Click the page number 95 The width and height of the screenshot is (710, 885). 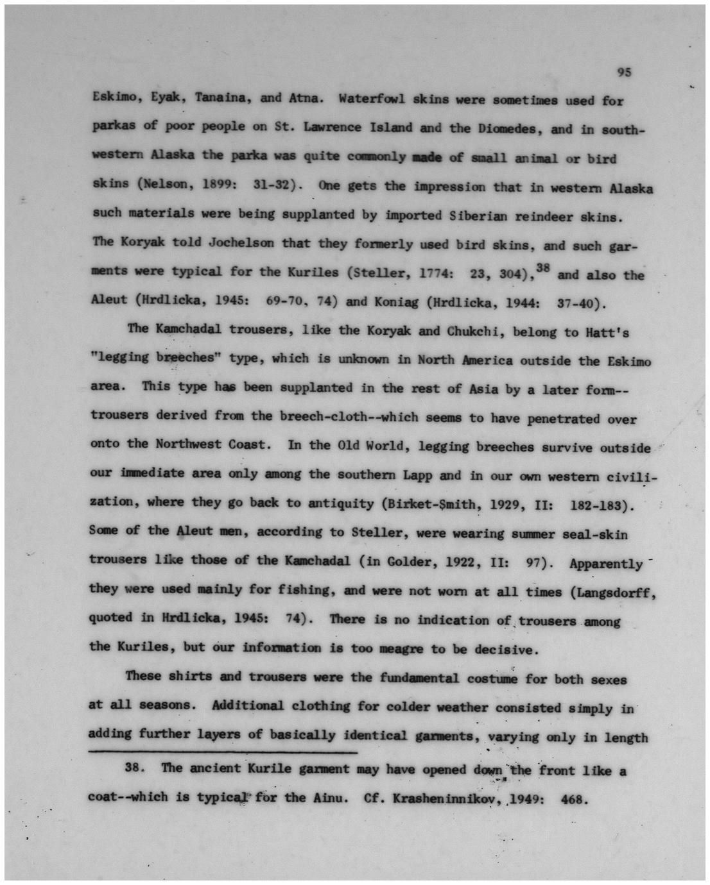(624, 72)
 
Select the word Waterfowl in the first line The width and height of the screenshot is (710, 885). (372, 99)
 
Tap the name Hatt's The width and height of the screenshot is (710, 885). (606, 332)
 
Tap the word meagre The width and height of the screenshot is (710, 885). (398, 648)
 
